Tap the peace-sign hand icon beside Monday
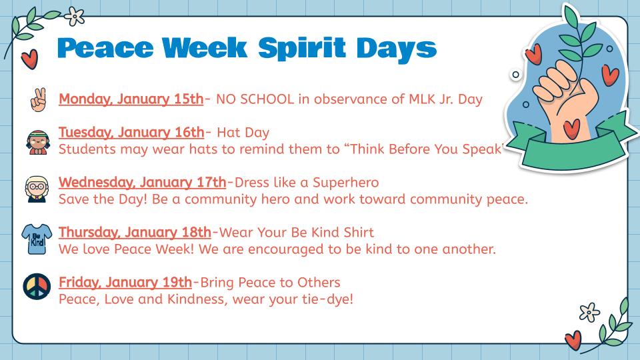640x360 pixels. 39,99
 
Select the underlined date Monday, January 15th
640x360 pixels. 131,99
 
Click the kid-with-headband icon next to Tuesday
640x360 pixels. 38,142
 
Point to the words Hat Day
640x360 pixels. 243,133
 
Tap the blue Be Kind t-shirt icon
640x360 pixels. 37,239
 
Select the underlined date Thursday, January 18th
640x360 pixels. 135,232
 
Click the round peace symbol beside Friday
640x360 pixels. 37,287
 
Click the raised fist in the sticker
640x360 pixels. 565,98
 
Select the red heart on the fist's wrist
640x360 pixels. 571,129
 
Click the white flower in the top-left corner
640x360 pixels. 74,16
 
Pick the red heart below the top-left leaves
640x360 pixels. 29,59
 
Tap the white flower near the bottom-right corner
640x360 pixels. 589,313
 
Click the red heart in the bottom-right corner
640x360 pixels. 573,340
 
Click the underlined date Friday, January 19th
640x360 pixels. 125,283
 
